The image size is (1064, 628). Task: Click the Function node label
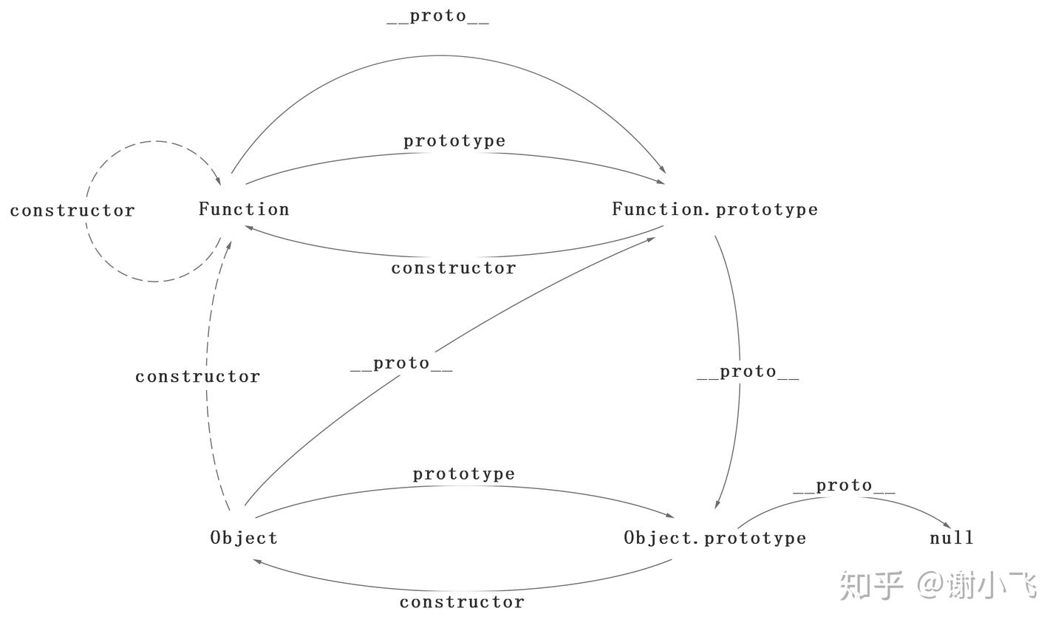244,209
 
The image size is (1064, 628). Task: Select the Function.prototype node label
715,209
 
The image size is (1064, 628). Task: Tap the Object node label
244,538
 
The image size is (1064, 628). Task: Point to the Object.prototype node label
715,538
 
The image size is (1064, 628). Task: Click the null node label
952,538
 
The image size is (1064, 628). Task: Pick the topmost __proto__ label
437,16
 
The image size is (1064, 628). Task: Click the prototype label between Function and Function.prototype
454,140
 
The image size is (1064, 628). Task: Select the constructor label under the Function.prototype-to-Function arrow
454,267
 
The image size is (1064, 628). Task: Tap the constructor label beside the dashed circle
72,211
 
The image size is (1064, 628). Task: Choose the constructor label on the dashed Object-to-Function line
197,377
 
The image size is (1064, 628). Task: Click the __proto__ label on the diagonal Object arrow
401,364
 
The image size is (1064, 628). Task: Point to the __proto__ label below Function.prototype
748,372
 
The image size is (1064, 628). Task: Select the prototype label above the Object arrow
463,474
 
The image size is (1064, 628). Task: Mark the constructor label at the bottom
462,602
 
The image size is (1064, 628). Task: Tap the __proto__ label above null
844,485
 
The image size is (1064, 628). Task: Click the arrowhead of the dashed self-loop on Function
218,180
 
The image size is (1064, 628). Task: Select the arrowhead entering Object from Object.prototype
256,562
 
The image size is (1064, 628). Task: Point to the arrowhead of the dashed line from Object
230,243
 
